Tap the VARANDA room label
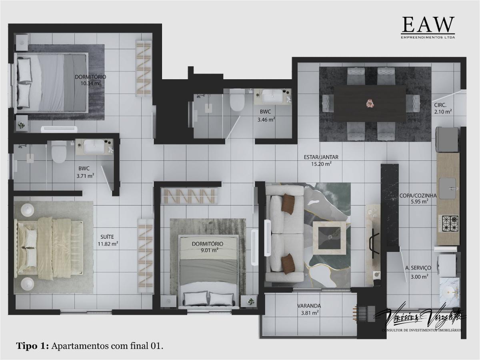pyautogui.click(x=309, y=306)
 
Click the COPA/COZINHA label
pyautogui.click(x=418, y=196)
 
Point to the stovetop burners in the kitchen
pyautogui.click(x=448, y=223)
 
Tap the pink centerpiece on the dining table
pyautogui.click(x=369, y=103)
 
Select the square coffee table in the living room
pyautogui.click(x=329, y=238)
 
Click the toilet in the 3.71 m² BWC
pyautogui.click(x=59, y=152)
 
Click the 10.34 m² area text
pyautogui.click(x=90, y=84)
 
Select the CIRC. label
pyautogui.click(x=441, y=106)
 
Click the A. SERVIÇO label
pyautogui.click(x=418, y=268)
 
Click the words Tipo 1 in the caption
pyautogui.click(x=32, y=346)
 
